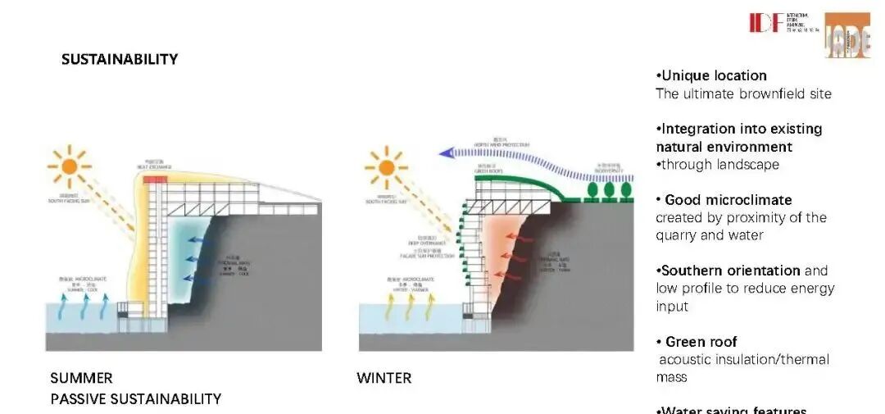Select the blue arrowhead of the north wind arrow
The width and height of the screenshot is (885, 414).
click(x=447, y=152)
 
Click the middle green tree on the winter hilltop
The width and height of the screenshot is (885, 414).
click(x=609, y=190)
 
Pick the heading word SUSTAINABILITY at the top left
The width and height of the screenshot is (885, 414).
click(x=119, y=59)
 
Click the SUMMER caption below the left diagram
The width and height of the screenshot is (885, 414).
click(x=81, y=378)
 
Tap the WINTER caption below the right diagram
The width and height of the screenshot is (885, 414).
click(x=383, y=378)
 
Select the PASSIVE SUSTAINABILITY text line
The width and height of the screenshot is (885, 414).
click(x=135, y=399)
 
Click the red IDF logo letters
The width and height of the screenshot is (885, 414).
click(x=765, y=22)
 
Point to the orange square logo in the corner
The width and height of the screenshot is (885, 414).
click(x=846, y=34)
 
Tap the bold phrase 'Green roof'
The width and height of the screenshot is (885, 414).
click(x=701, y=342)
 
